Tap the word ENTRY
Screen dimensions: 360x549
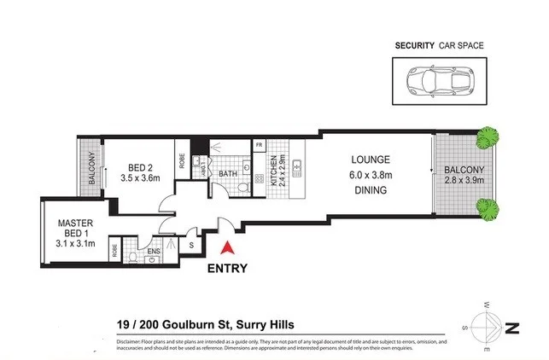[x=228, y=268]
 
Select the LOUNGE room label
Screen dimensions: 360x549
[x=370, y=160]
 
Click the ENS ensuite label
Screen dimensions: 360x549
[x=155, y=252]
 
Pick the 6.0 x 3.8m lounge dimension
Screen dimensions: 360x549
[x=370, y=175]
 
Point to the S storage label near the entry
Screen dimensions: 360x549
[x=190, y=246]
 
